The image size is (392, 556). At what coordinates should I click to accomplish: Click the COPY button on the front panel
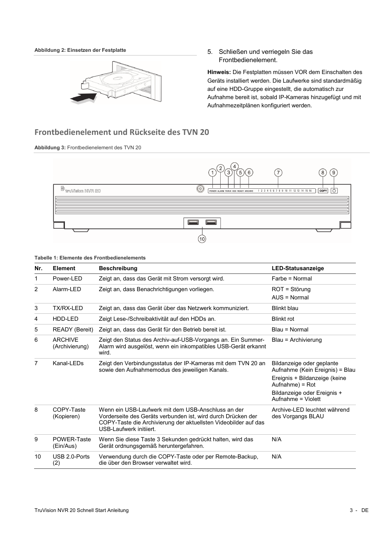pyautogui.click(x=323, y=191)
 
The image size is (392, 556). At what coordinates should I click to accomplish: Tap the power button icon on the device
pyautogui.click(x=334, y=191)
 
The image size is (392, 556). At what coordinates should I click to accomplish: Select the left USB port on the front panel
pyautogui.click(x=193, y=222)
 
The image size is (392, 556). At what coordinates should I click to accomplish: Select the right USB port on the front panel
pyautogui.click(x=211, y=222)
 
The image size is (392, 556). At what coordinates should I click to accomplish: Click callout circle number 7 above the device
pyautogui.click(x=278, y=173)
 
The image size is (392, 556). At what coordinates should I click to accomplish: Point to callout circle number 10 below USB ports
pyautogui.click(x=202, y=239)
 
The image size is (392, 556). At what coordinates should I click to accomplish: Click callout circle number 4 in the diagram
pyautogui.click(x=234, y=167)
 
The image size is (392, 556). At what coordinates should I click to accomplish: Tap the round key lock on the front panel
pyautogui.click(x=200, y=189)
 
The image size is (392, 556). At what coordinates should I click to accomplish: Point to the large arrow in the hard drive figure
pyautogui.click(x=83, y=98)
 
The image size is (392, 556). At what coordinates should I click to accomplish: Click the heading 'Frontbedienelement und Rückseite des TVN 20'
pyautogui.click(x=122, y=132)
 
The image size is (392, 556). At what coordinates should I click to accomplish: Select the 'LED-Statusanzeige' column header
pyautogui.click(x=297, y=269)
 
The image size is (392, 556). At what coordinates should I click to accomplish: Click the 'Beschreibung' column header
pyautogui.click(x=118, y=269)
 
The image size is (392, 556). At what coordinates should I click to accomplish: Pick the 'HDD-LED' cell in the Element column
pyautogui.click(x=65, y=319)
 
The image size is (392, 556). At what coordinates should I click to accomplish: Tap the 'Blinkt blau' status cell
pyautogui.click(x=285, y=308)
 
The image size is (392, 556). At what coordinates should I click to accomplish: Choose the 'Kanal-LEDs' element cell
pyautogui.click(x=68, y=363)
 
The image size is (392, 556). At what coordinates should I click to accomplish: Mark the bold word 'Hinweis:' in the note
pyautogui.click(x=219, y=72)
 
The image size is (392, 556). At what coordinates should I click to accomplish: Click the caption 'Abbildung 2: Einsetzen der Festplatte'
pyautogui.click(x=80, y=50)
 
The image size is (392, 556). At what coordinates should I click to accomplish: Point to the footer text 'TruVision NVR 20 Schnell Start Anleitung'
pyautogui.click(x=81, y=510)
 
